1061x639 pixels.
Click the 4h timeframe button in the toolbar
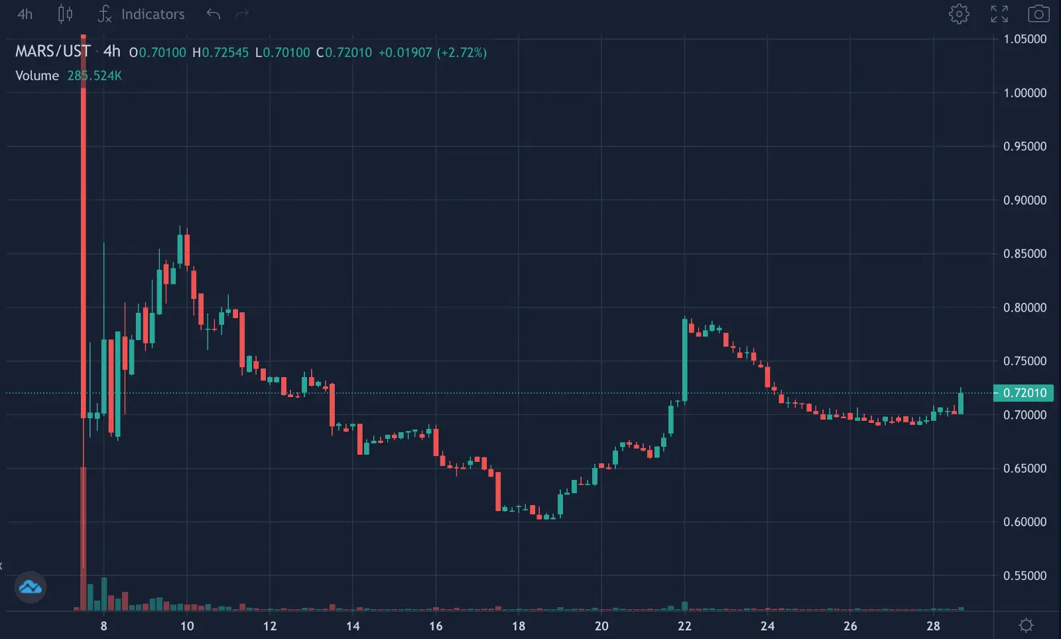(25, 14)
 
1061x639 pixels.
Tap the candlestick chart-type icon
(65, 14)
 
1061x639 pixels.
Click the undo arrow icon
(213, 14)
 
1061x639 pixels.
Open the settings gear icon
(959, 14)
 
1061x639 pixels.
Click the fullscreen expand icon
(999, 14)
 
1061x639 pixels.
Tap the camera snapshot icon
(1038, 14)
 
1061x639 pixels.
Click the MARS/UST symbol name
(52, 52)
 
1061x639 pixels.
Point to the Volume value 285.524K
(94, 76)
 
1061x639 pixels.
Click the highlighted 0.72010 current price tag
(1024, 393)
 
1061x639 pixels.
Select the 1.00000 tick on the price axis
(1025, 93)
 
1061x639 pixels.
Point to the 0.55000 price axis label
(1025, 575)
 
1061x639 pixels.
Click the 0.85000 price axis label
(1025, 254)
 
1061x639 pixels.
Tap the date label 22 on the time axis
(684, 626)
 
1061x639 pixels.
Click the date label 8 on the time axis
(103, 626)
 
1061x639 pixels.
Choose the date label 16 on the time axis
(436, 626)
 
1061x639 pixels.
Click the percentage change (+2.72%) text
(462, 52)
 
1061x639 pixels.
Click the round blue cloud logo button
(31, 587)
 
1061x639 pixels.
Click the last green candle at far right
(961, 403)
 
